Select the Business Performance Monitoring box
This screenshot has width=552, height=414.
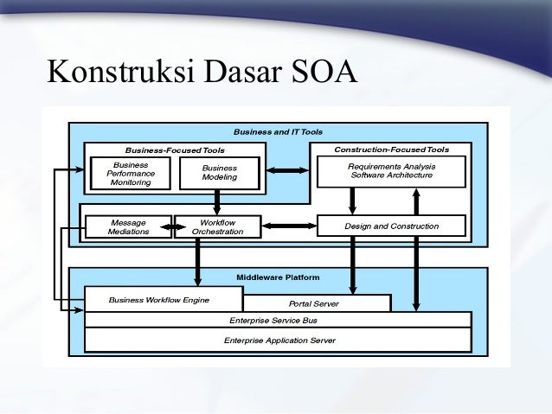pos(131,173)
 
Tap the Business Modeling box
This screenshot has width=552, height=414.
pos(219,173)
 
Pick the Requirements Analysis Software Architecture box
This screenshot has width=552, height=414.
pos(391,170)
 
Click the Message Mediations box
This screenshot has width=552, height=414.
pos(128,226)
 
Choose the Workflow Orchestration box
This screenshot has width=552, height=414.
pos(217,226)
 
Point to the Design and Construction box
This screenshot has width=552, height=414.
pos(391,226)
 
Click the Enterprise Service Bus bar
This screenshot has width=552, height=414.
pos(278,320)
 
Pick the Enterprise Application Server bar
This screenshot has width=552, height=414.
pos(278,341)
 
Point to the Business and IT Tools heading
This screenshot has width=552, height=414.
pos(278,132)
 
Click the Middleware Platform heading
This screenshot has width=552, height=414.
pos(278,277)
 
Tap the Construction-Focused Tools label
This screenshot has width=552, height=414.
pos(391,150)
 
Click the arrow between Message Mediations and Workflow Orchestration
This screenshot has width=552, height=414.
pos(174,227)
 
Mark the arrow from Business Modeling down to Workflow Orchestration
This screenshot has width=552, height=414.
pos(217,202)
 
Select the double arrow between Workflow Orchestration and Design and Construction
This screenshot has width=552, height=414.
pos(289,226)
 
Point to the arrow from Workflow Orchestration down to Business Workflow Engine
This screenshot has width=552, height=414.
pos(198,262)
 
